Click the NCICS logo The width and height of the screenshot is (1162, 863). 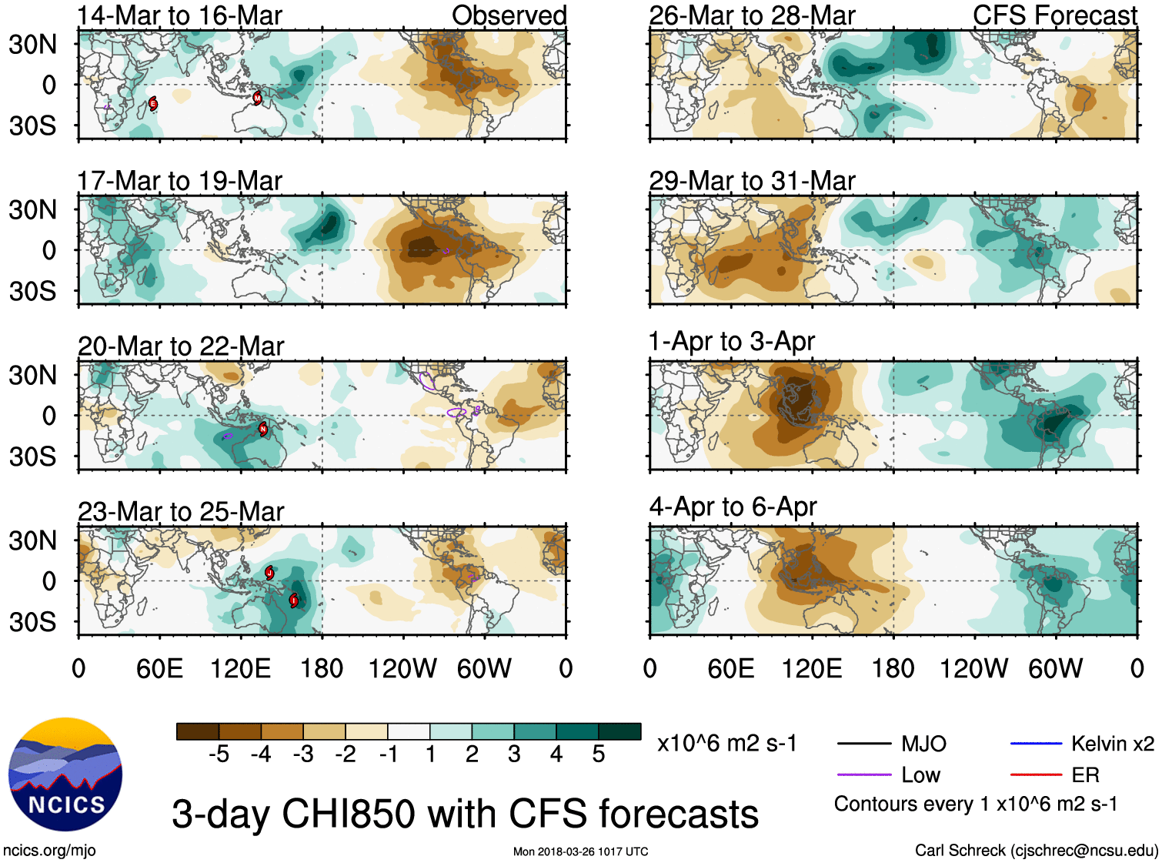(65, 774)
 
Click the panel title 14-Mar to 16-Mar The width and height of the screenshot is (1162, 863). (180, 15)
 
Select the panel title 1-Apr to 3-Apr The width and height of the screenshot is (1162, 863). (731, 341)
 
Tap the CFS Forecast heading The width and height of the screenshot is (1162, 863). (1054, 15)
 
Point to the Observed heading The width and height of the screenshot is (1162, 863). (509, 15)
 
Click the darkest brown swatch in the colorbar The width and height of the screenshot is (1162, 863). (198, 731)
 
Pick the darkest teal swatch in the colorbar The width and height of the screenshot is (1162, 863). (619, 731)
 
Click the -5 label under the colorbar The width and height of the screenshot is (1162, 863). (219, 754)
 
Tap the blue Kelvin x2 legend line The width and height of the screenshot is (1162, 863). (1036, 744)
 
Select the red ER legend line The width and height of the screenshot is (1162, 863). (1036, 774)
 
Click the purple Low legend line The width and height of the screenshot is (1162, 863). (863, 774)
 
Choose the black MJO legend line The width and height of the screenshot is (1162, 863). (863, 744)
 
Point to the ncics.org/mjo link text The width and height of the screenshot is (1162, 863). (49, 850)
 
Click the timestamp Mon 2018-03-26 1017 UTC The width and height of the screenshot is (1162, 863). (580, 851)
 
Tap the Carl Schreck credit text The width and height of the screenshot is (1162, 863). (1036, 850)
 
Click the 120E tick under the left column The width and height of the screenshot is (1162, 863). (240, 668)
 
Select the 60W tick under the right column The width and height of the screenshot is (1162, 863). (1055, 668)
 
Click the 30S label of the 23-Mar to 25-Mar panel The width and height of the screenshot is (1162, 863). (33, 621)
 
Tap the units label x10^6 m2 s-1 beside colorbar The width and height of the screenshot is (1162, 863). (726, 744)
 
